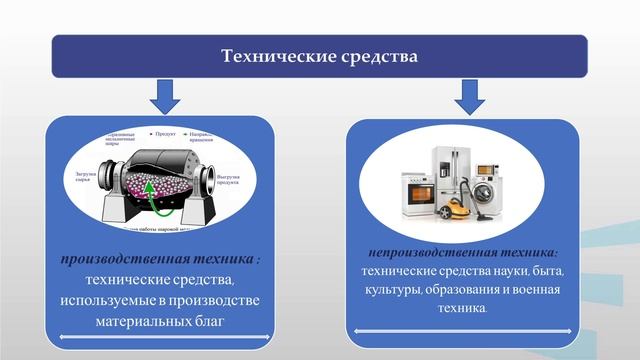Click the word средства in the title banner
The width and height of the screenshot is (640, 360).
pyautogui.click(x=374, y=56)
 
